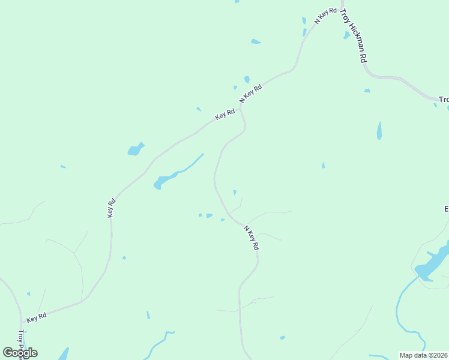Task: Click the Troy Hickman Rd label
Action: click(x=354, y=36)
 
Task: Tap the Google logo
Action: click(x=20, y=353)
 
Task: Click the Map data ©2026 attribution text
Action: click(x=424, y=355)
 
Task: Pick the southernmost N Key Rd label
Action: click(x=252, y=238)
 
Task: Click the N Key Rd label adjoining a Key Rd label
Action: click(x=251, y=94)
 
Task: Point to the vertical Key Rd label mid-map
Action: click(x=111, y=208)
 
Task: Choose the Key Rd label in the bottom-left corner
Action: click(x=37, y=317)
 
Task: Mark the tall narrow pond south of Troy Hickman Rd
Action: click(x=379, y=130)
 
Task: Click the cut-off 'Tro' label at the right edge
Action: click(x=443, y=100)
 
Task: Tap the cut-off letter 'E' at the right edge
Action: click(x=446, y=209)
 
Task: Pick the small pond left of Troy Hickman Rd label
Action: click(x=346, y=35)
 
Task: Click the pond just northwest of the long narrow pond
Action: click(x=136, y=149)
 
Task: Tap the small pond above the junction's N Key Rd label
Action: click(x=247, y=79)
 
